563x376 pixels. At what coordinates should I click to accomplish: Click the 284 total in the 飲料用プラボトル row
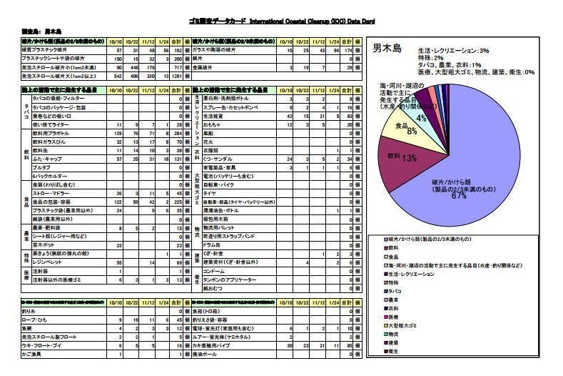[x=176, y=133]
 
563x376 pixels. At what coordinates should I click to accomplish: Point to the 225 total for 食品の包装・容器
[x=176, y=202]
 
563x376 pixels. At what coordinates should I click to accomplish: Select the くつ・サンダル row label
[x=217, y=159]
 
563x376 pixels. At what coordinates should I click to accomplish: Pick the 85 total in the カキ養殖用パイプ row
[x=348, y=345]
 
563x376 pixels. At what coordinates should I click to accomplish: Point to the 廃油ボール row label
[x=214, y=354]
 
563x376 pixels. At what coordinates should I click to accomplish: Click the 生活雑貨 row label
[x=214, y=115]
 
